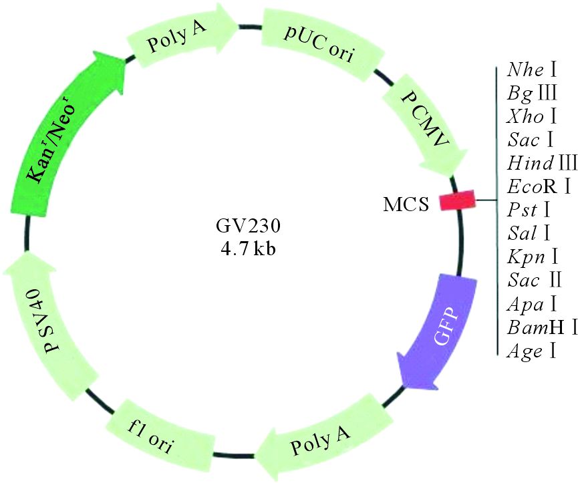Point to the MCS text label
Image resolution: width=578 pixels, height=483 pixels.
tap(406, 203)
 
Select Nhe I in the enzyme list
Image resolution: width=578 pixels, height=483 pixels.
tap(533, 69)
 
